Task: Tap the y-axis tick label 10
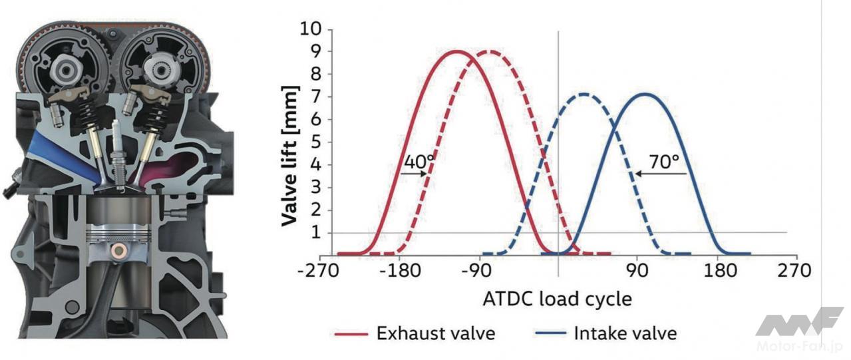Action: [x=310, y=29]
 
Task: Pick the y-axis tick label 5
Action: [x=315, y=142]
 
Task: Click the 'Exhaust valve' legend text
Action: [x=436, y=333]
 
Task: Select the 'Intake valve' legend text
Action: [x=625, y=333]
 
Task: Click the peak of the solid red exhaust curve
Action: [x=457, y=51]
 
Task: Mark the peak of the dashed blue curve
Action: [x=584, y=94]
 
